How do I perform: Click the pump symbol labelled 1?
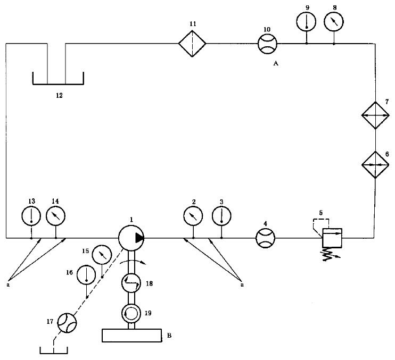coord(131,238)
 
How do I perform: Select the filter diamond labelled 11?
coord(192,44)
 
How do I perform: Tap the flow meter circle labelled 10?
coord(267,44)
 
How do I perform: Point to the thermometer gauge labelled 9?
coord(306,22)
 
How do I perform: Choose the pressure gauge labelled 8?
coord(334,22)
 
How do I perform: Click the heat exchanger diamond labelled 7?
coord(375,115)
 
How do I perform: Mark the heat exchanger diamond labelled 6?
coord(375,165)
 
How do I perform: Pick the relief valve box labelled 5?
coord(332,238)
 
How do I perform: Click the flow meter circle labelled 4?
coord(265,238)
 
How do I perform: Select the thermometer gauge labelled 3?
coord(221,216)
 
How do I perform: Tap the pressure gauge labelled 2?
coord(193,216)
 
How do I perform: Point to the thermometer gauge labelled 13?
coord(31,215)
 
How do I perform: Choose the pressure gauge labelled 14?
coord(56,215)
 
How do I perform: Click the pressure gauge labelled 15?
coord(102,255)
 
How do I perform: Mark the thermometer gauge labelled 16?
coord(86,275)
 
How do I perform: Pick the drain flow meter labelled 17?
coord(67,323)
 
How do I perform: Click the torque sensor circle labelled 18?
coord(131,283)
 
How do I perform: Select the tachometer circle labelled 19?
coord(131,313)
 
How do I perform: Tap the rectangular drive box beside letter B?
coord(131,336)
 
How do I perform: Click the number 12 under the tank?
coord(59,96)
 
